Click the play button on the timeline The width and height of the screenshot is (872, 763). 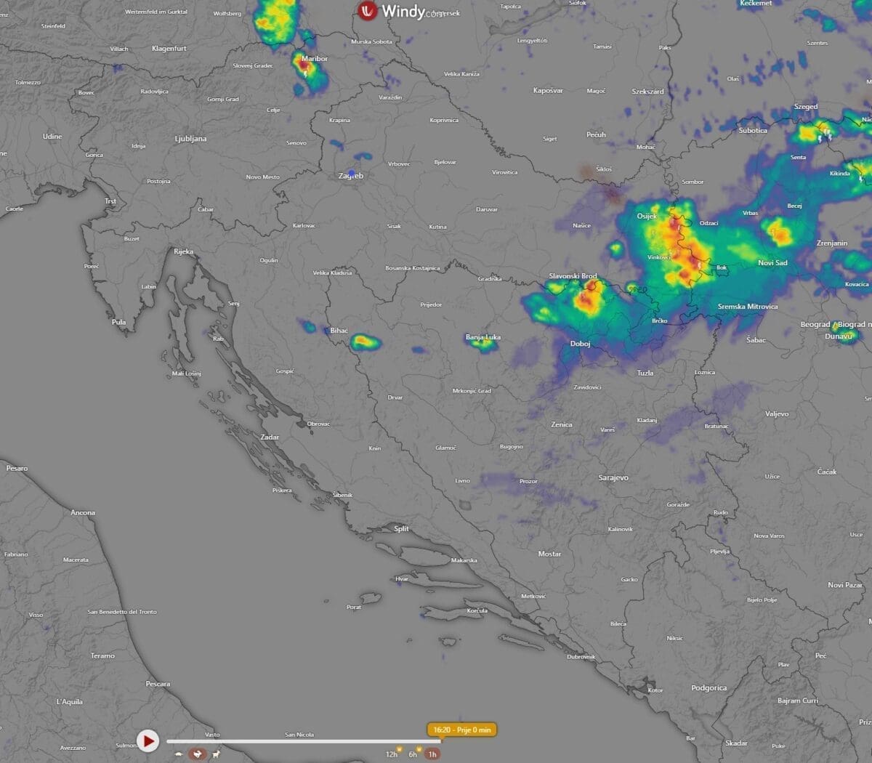click(148, 741)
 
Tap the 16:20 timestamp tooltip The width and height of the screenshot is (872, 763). click(462, 730)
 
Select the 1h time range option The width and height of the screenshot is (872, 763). click(432, 754)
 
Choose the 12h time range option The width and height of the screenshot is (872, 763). click(392, 754)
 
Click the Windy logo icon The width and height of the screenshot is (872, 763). click(368, 11)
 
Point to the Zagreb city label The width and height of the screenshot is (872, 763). click(350, 176)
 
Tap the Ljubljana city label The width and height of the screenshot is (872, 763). click(190, 139)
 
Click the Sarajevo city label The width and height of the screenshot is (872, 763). click(613, 477)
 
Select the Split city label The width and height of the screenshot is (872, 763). click(401, 529)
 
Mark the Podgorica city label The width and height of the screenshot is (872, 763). click(708, 687)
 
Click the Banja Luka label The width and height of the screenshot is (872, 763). click(483, 337)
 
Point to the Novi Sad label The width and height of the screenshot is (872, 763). click(772, 263)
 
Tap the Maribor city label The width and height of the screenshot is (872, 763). click(314, 59)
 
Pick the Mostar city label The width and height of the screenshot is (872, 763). click(549, 554)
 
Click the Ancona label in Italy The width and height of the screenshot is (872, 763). click(83, 513)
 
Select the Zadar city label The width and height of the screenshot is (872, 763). click(270, 437)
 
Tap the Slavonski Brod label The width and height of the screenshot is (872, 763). click(573, 276)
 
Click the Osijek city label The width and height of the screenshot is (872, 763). click(647, 216)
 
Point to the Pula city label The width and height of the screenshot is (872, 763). click(118, 322)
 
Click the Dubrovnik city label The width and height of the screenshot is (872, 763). click(581, 657)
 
